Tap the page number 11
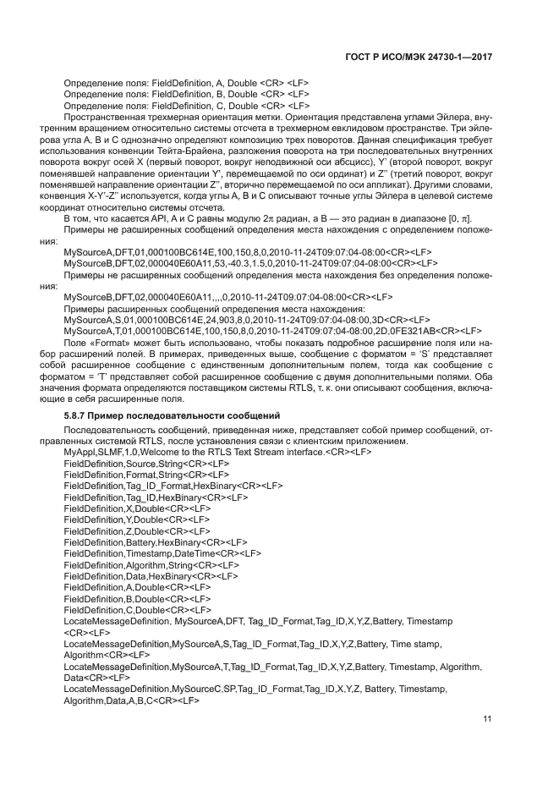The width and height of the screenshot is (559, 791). pos(487,719)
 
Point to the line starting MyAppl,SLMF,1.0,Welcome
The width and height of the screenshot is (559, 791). pos(217,453)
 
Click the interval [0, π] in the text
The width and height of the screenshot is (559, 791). pos(460,219)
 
